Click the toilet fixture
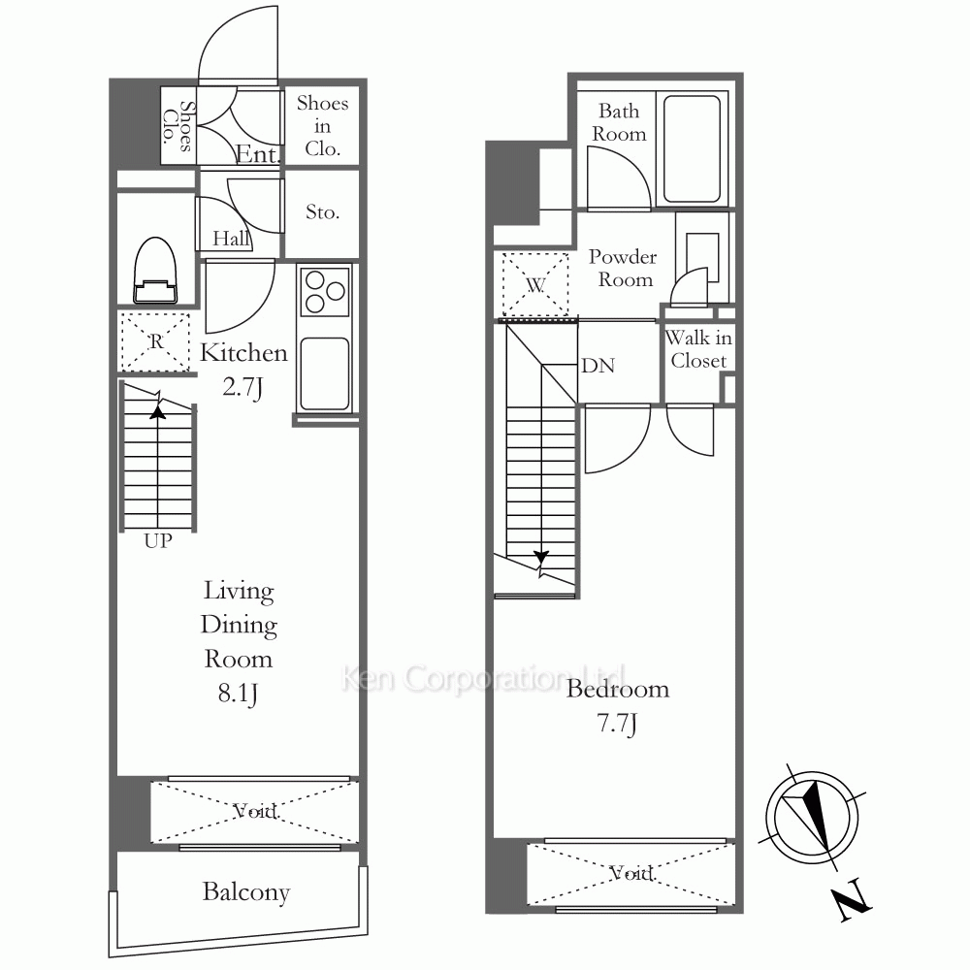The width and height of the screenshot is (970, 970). pos(155,271)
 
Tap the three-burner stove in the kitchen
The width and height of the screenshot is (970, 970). pos(325,291)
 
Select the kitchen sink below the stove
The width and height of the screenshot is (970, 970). pos(325,373)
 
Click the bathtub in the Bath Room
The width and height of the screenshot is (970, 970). pos(693,148)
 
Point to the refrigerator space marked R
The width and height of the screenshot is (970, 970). pos(154,342)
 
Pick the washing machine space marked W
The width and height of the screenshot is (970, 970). pos(535,284)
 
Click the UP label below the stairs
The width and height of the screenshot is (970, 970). pos(158,541)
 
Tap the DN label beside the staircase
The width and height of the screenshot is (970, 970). pos(598,366)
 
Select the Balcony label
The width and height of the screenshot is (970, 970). pos(246,892)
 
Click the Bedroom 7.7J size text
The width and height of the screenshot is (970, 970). pos(618,723)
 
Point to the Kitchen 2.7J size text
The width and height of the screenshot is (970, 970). pos(242,387)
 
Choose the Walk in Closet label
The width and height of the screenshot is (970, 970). pos(698,349)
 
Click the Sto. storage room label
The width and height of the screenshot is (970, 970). pos(322,212)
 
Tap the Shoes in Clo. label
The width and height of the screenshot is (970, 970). pos(322,125)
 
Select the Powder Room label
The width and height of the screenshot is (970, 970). pos(623,268)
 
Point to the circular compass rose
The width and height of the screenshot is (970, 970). pos(812,817)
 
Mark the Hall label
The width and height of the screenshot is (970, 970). pos(231,239)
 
